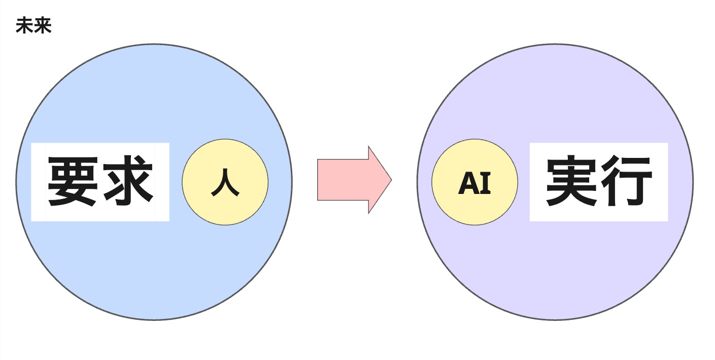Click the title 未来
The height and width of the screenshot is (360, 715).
33,26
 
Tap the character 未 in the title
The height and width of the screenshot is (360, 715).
24,26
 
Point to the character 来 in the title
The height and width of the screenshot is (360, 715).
43,26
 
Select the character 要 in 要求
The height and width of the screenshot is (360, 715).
73,181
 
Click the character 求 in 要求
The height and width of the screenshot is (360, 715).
127,181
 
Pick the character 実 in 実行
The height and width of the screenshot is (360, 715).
571,182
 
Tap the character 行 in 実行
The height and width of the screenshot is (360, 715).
627,182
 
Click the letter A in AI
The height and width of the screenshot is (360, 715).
467,183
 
